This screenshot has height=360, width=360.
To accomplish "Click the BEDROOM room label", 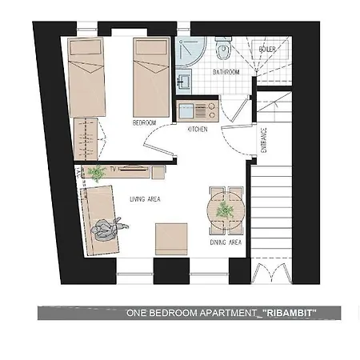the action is pyautogui.click(x=144, y=123).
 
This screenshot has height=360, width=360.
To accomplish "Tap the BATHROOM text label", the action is pyautogui.click(x=226, y=72).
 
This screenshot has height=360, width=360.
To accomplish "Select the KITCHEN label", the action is pyautogui.click(x=198, y=130).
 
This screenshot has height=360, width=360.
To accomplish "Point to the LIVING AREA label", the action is pyautogui.click(x=145, y=199).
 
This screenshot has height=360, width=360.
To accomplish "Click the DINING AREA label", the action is pyautogui.click(x=226, y=242).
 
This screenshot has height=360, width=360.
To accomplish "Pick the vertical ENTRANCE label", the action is pyautogui.click(x=263, y=140).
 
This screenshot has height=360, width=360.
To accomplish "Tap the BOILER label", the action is pyautogui.click(x=267, y=49).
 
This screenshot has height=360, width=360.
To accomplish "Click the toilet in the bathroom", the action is pyautogui.click(x=223, y=49).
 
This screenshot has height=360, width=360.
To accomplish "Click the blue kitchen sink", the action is pyautogui.click(x=186, y=111).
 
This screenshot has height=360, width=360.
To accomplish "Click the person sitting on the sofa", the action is pyautogui.click(x=108, y=229).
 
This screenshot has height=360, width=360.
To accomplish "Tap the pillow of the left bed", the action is pyautogui.click(x=86, y=47).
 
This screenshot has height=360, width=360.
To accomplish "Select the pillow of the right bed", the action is pyautogui.click(x=151, y=47).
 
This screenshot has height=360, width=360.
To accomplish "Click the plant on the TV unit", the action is pyautogui.click(x=97, y=173).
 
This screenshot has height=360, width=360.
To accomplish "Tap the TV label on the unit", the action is pyautogui.click(x=114, y=169).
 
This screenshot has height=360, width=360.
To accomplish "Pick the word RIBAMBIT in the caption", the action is pyautogui.click(x=290, y=313).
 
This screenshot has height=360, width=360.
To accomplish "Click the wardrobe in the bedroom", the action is pyautogui.click(x=86, y=139).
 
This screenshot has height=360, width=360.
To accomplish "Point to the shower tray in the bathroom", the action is pyautogui.click(x=190, y=52).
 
